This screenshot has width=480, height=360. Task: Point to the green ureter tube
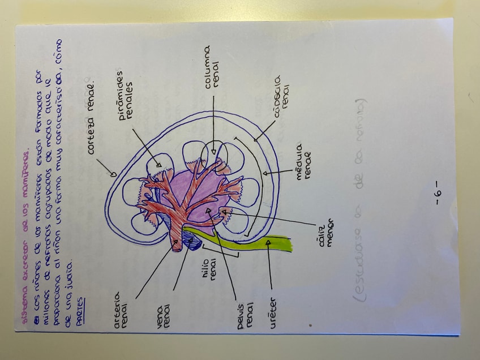[x=266, y=241]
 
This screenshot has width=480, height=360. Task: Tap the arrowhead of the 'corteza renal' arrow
[x=114, y=173]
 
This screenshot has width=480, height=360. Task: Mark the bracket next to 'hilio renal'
[x=218, y=249]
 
